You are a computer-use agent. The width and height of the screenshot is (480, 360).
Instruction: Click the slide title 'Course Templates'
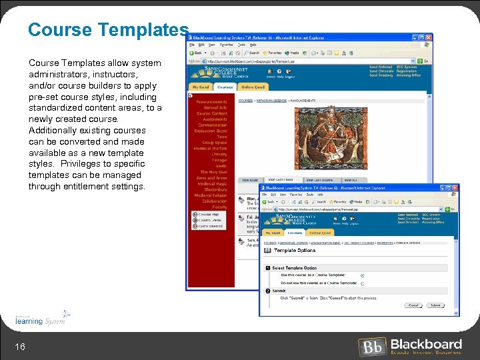(x=109, y=30)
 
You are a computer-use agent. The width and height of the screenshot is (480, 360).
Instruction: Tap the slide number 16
(x=20, y=345)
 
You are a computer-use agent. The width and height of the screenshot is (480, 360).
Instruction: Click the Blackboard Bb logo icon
(x=372, y=347)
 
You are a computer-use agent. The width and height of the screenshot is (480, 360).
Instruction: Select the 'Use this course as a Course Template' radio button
(x=363, y=275)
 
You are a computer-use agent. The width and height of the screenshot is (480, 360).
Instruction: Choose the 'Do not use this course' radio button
(x=363, y=283)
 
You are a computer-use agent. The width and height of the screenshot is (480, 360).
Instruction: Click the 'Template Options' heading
(x=295, y=251)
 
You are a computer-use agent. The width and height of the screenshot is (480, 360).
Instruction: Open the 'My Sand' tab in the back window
(x=200, y=87)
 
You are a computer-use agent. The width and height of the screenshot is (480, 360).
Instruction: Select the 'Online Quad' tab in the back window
(x=253, y=87)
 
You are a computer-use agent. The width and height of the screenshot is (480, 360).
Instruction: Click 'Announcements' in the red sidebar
(x=211, y=102)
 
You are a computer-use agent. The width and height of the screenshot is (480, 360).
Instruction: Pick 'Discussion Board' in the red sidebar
(x=211, y=131)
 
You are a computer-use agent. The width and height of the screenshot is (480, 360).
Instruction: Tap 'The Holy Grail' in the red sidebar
(x=213, y=172)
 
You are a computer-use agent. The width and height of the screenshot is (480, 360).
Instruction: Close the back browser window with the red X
(x=431, y=37)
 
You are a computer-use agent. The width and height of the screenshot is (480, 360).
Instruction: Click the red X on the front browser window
(x=455, y=188)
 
